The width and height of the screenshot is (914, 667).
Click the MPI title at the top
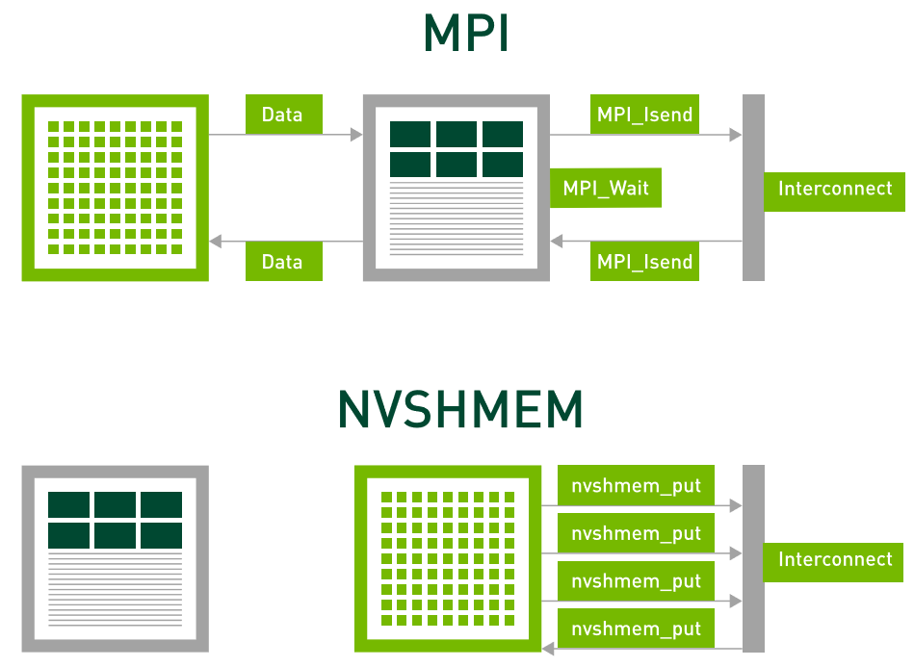[x=465, y=35]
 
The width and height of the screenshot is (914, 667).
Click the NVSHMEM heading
[x=460, y=410]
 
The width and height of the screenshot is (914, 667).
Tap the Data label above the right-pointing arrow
[x=283, y=115]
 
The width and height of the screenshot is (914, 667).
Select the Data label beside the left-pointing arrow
[x=283, y=262]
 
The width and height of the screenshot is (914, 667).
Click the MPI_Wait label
[x=606, y=188]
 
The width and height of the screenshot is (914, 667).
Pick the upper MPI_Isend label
[x=644, y=115]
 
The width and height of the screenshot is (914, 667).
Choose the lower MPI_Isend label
[x=644, y=262]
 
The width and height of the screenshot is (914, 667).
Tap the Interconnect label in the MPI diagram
[x=834, y=189]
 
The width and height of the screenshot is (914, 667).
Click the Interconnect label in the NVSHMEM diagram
[x=834, y=559]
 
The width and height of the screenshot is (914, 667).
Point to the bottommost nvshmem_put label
[x=636, y=629]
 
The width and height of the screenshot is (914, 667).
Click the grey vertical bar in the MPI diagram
[x=753, y=188]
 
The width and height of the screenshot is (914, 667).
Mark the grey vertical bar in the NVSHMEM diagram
[x=753, y=558]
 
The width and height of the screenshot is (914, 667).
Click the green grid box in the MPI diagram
[x=115, y=188]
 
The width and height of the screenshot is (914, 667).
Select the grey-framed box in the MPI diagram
[x=456, y=188]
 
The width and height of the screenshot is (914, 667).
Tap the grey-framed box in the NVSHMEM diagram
[x=115, y=558]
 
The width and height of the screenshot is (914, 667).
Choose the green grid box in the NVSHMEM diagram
[x=447, y=558]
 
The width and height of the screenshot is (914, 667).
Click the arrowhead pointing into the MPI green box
[x=215, y=241]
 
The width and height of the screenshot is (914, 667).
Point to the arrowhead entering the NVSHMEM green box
[x=547, y=649]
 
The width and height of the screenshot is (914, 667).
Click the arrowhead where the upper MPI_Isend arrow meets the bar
[x=736, y=135]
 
